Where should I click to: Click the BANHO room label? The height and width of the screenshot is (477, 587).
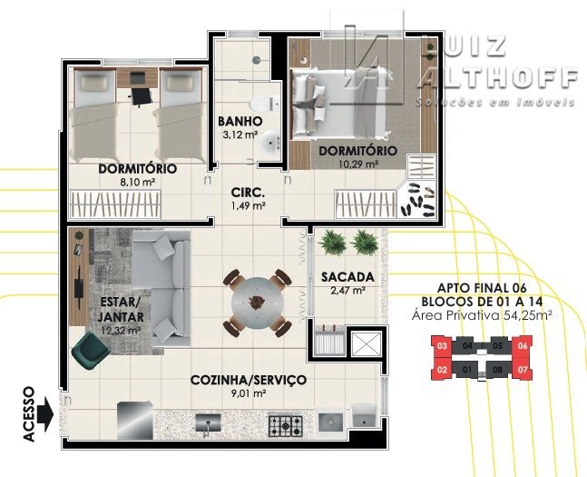tap(240, 122)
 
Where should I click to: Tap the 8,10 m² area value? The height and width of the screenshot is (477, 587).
tap(137, 183)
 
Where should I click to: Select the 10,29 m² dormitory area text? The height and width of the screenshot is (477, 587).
tap(358, 164)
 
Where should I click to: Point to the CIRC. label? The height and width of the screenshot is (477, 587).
tap(248, 193)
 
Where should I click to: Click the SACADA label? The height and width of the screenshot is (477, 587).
tap(347, 277)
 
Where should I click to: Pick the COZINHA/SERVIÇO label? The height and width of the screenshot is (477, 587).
tap(249, 380)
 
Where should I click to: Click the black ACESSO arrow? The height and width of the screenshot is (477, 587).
tap(45, 414)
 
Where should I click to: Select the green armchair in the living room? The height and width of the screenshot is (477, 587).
tap(90, 350)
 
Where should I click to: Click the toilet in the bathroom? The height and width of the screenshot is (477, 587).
tap(263, 104)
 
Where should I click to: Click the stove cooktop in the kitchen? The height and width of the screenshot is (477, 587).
tap(285, 425)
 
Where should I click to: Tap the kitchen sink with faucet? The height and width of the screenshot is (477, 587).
tap(208, 423)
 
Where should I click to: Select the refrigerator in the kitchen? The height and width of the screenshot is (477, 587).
tap(135, 420)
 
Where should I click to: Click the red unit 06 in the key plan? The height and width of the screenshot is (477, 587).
tap(523, 346)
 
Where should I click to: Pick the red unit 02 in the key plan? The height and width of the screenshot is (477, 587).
tap(443, 370)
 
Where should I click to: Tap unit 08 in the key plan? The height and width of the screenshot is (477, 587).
tap(497, 370)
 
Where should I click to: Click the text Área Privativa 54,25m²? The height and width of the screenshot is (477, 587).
tap(482, 315)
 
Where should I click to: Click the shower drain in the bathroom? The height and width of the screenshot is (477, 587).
tap(256, 60)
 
